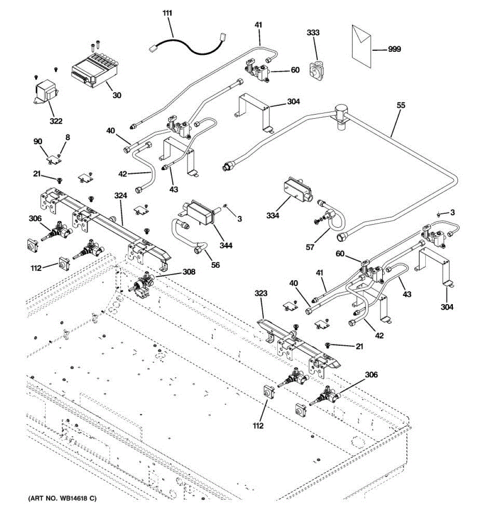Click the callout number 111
point(167,13)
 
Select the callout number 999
point(394,49)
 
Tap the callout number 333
point(313,33)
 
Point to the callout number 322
point(56,121)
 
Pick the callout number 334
point(272,215)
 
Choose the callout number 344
point(226,245)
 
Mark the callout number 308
point(189,272)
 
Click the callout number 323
point(261,293)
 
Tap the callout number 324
point(121,196)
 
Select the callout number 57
point(310,247)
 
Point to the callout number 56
point(216,265)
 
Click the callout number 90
point(38,141)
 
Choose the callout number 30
point(117,95)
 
